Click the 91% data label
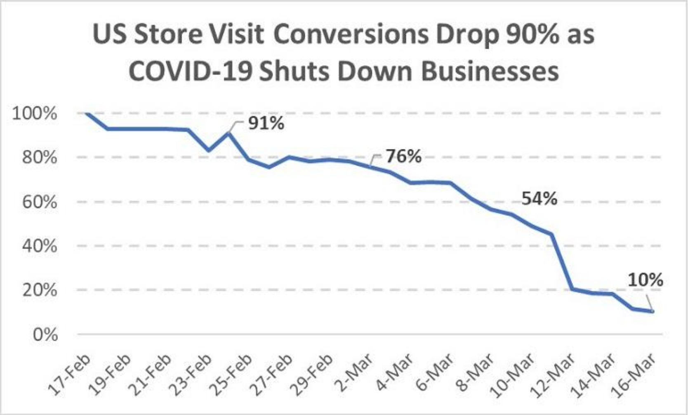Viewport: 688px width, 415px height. pyautogui.click(x=266, y=123)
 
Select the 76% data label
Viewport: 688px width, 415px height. pyautogui.click(x=403, y=156)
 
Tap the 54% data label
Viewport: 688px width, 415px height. pyautogui.click(x=539, y=199)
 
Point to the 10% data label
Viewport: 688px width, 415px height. pyautogui.click(x=645, y=280)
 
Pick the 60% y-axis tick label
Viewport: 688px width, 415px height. pyautogui.click(x=40, y=202)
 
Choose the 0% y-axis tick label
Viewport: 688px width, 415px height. pyautogui.click(x=45, y=334)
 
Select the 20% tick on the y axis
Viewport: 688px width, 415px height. pyautogui.click(x=40, y=290)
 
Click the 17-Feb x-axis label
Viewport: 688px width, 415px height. pyautogui.click(x=70, y=373)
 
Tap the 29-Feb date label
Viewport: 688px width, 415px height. pyautogui.click(x=312, y=373)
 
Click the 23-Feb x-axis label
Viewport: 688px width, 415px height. pyautogui.click(x=191, y=373)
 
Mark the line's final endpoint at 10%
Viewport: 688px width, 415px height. pyautogui.click(x=652, y=311)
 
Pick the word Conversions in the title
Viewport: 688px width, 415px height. pyautogui.click(x=351, y=35)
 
